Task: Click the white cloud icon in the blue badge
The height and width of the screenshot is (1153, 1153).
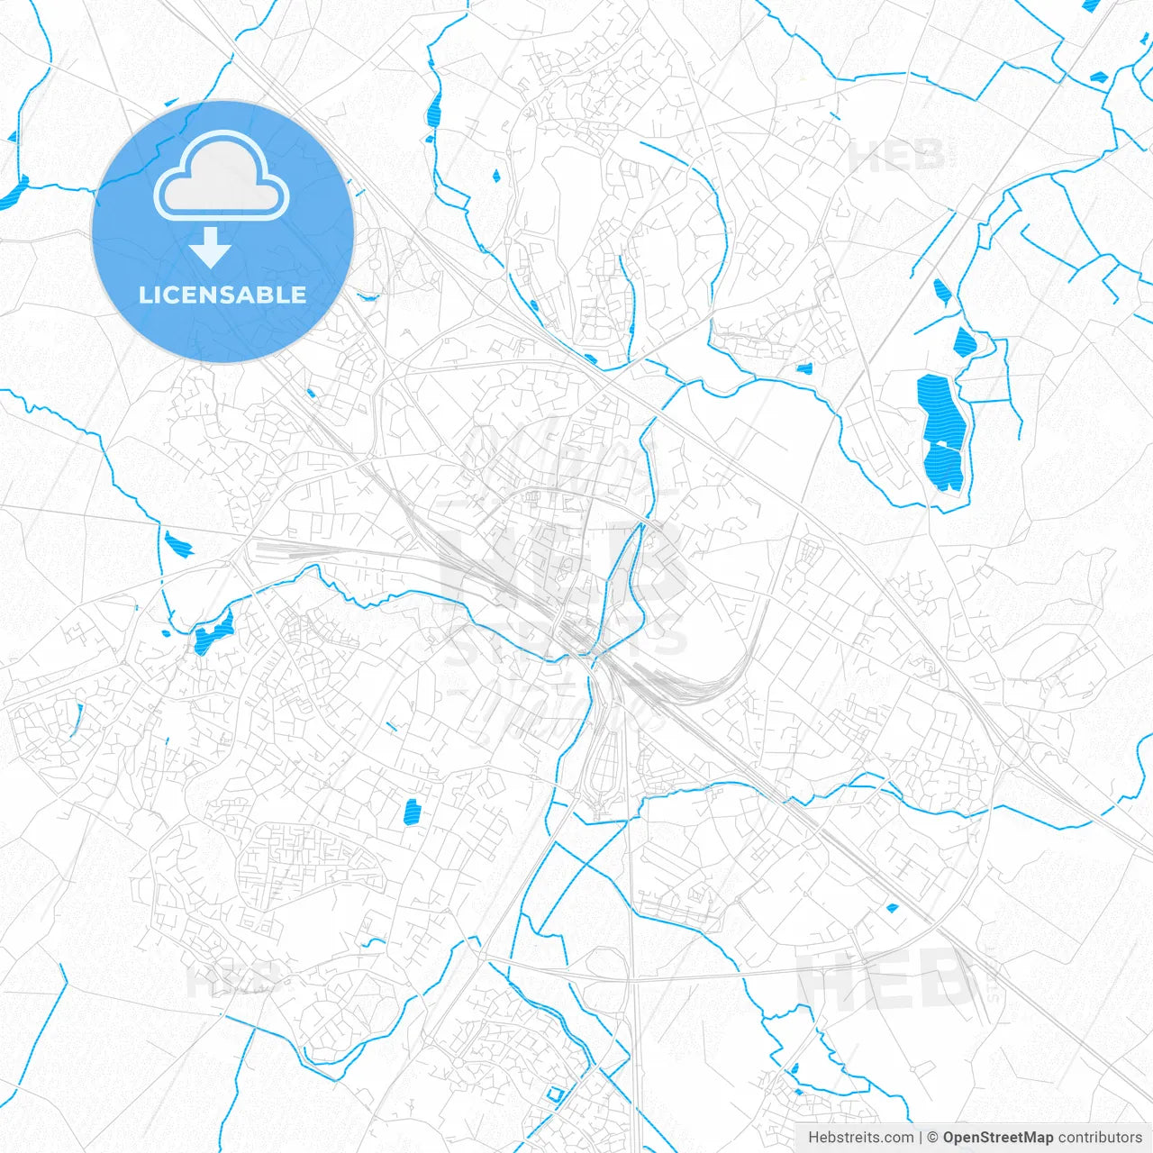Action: (x=222, y=177)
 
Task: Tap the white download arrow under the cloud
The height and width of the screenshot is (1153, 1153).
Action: (x=210, y=247)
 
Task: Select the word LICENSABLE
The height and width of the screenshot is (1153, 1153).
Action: (x=222, y=295)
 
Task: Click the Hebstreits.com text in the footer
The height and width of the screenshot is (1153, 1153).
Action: (x=860, y=1137)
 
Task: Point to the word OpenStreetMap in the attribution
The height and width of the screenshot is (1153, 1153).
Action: (x=997, y=1137)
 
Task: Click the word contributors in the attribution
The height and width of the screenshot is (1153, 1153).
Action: (x=1100, y=1137)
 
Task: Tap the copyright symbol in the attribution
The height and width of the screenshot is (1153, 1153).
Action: (x=932, y=1137)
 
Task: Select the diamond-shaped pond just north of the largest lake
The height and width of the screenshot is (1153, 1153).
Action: (x=964, y=341)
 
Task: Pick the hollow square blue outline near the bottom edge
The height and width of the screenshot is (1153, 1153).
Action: (x=554, y=1094)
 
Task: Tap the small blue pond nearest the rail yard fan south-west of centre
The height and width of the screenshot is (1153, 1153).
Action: (x=413, y=812)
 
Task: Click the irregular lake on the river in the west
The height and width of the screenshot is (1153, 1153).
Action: (x=213, y=634)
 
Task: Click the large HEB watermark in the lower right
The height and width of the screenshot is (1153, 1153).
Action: (x=887, y=980)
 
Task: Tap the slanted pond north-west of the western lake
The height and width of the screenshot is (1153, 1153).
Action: (x=177, y=543)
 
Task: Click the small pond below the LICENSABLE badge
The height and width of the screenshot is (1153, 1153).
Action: (x=311, y=393)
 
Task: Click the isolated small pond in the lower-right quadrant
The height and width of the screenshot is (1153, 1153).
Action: (x=893, y=908)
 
